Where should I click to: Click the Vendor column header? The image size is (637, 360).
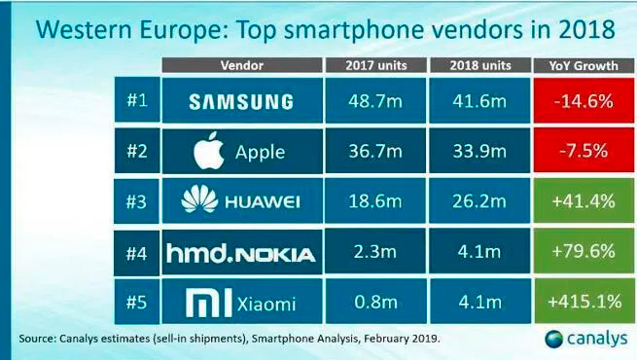(242, 65)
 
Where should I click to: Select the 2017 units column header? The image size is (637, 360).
(376, 65)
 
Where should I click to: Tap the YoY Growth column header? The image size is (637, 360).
(584, 65)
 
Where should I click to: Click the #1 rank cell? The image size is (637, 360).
(137, 100)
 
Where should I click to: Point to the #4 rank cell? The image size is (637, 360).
(136, 253)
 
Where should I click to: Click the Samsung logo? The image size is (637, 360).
(241, 101)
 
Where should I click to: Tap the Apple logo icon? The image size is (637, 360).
(209, 151)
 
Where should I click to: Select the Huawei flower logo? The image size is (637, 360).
(199, 198)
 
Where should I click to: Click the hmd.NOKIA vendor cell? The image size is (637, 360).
(242, 252)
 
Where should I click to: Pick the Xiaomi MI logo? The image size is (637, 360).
(209, 303)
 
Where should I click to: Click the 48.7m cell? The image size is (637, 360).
(375, 100)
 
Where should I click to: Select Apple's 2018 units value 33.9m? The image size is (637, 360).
(479, 151)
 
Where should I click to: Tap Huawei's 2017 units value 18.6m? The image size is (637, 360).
(375, 200)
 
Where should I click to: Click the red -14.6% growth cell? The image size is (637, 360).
(584, 100)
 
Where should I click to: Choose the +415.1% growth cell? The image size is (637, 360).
(584, 301)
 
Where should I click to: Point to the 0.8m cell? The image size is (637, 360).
(375, 301)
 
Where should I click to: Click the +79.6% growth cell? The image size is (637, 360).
(584, 251)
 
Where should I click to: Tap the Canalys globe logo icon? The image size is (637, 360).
(554, 339)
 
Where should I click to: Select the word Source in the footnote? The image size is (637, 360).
(36, 339)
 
